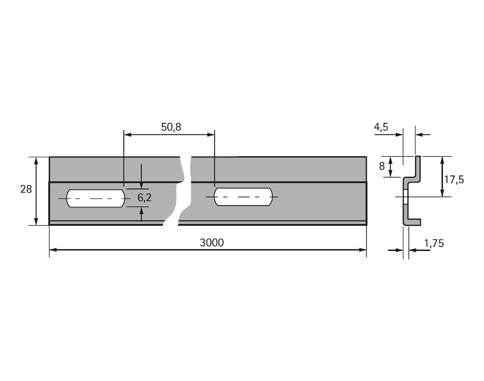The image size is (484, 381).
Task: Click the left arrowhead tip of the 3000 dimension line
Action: coord(50,250)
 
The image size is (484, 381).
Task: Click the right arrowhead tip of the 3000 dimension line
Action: coord(367,250)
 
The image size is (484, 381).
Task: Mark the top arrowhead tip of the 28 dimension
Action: coord(36,157)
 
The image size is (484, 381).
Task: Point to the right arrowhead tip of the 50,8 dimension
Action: coord(214,134)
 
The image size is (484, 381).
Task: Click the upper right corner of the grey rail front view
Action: coord(367,157)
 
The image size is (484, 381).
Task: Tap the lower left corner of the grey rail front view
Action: coord(50,225)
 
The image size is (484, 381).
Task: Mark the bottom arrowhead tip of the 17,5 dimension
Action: coord(442,197)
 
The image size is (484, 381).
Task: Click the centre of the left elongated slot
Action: coord(96,198)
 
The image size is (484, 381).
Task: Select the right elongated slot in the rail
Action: coord(243,197)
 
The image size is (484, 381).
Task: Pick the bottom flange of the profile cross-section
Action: coord(412,222)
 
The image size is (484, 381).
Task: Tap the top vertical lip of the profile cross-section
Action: coord(418,167)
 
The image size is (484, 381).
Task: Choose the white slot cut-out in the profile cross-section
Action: coord(405,197)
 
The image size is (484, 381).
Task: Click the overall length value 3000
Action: coord(212,243)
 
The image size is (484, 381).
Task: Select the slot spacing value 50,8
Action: coord(171,127)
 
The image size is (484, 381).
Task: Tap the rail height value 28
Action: coord(26,189)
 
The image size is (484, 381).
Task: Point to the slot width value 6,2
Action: coord(144,198)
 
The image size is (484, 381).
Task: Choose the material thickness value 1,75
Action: coord(434,243)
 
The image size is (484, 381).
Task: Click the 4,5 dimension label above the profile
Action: coord(381,127)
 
